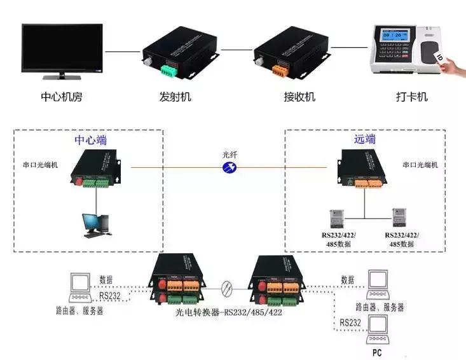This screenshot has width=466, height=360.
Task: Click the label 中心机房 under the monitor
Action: (x=61, y=97)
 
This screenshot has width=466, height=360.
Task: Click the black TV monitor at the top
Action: (x=62, y=49)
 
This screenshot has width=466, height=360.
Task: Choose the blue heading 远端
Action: (x=365, y=139)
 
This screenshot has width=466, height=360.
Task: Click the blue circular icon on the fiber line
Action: (x=230, y=167)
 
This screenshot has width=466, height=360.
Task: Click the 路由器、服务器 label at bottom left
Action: (x=79, y=312)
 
